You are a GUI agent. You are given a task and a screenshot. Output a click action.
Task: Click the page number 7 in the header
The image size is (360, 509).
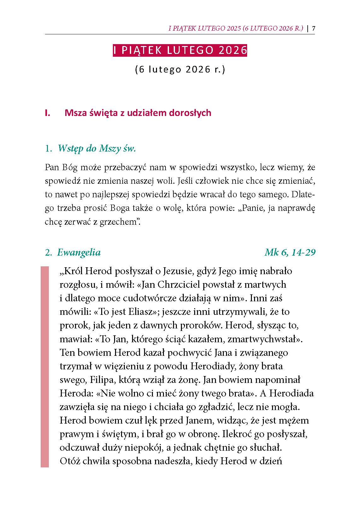click(314, 29)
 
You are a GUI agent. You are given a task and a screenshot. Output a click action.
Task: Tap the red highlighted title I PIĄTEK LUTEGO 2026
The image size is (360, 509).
click(180, 50)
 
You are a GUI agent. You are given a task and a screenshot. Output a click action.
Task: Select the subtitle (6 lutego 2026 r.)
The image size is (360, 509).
click(180, 69)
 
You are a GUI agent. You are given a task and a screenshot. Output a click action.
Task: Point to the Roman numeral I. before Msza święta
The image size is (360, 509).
click(48, 113)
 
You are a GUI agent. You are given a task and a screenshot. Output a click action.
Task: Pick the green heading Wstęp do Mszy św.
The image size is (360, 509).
click(96, 148)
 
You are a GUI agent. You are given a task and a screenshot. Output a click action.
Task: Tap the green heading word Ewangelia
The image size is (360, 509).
click(79, 252)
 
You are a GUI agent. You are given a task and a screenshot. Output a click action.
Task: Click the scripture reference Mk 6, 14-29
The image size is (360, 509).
click(290, 252)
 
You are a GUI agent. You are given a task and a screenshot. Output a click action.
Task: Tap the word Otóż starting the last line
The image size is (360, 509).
click(70, 461)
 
